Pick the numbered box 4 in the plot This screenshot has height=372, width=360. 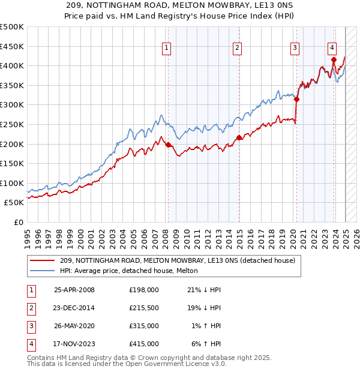tap(332, 48)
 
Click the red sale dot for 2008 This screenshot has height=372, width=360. tap(167, 144)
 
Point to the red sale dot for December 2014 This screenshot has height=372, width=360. tap(239, 137)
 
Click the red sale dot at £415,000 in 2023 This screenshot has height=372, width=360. tap(334, 59)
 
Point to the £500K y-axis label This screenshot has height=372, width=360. tap(12, 27)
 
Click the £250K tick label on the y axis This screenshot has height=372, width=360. tap(12, 124)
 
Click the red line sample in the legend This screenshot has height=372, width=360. tap(42, 261)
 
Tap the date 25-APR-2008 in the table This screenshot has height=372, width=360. tap(74, 290)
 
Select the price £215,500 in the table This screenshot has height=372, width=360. tap(144, 308)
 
